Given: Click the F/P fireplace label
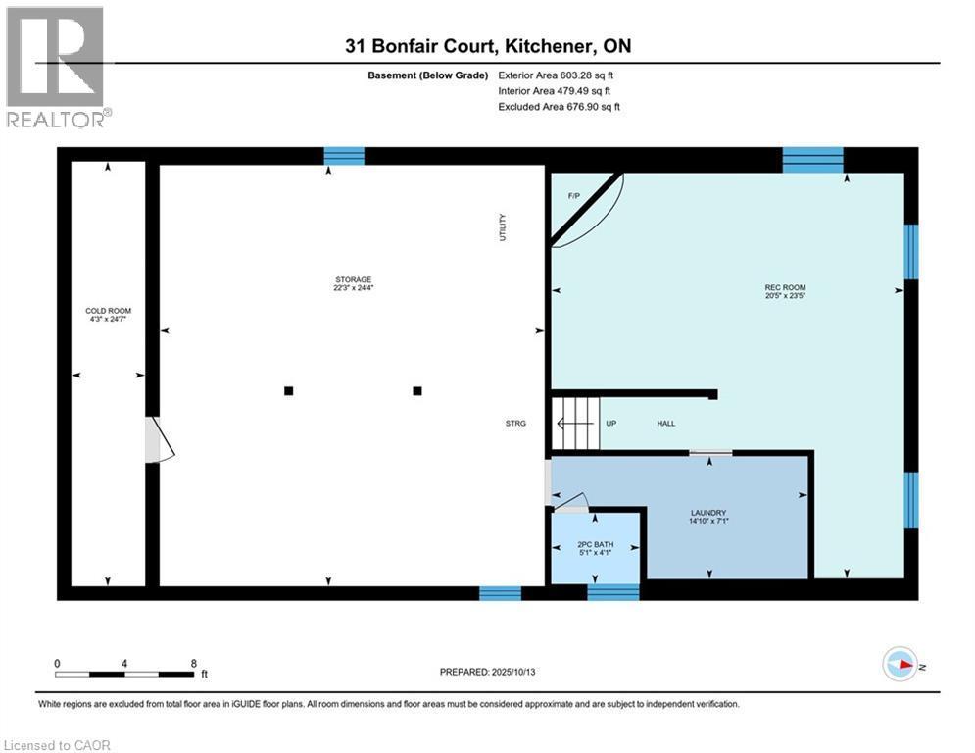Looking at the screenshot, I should (x=574, y=196).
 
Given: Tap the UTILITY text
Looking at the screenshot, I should (x=503, y=228).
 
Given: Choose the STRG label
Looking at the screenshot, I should (x=514, y=423).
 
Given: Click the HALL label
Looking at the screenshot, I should (x=665, y=423).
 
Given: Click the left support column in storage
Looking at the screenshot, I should (x=288, y=390).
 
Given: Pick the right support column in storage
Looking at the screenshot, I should (x=417, y=390).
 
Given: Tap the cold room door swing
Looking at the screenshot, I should (x=158, y=440).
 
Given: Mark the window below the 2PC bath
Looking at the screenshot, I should (x=612, y=591).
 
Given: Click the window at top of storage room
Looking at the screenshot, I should (x=344, y=156).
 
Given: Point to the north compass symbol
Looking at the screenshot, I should (x=899, y=665).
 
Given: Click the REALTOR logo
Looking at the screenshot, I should (x=57, y=67).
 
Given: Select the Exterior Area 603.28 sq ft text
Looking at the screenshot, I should (x=556, y=75).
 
